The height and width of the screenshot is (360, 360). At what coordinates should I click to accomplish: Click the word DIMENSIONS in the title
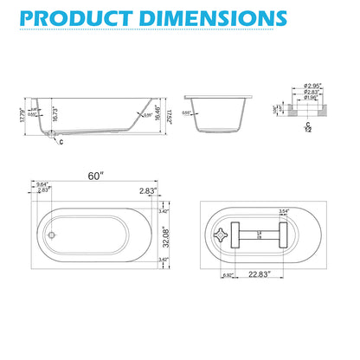[224, 16]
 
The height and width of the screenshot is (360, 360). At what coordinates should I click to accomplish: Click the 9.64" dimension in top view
[41, 183]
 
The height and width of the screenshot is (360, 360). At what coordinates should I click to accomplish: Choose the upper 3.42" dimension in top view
[164, 209]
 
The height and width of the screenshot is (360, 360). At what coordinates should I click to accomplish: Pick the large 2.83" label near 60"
[149, 192]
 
